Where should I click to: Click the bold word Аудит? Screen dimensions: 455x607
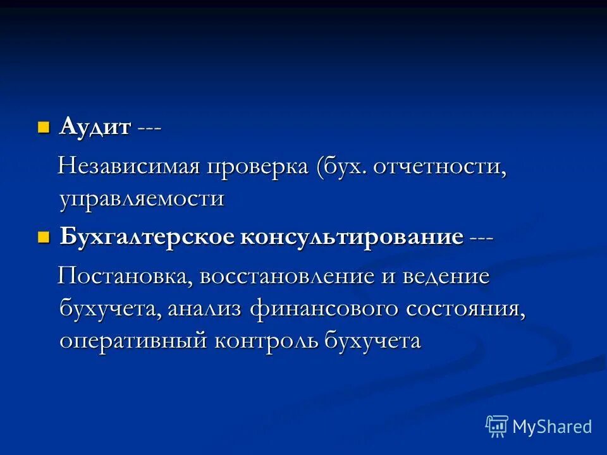click(x=95, y=126)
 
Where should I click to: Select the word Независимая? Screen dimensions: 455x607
click(x=129, y=167)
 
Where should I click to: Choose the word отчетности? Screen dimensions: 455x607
click(x=440, y=168)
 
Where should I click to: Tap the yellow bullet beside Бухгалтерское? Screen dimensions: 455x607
click(x=44, y=238)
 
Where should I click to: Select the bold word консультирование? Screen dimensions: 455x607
click(x=352, y=238)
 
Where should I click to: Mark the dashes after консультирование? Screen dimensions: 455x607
click(x=481, y=238)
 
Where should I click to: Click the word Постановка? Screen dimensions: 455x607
click(x=126, y=277)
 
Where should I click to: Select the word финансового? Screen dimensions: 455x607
click(x=324, y=309)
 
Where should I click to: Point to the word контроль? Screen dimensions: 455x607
click(x=266, y=340)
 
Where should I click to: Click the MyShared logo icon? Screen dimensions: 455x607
click(x=497, y=426)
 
